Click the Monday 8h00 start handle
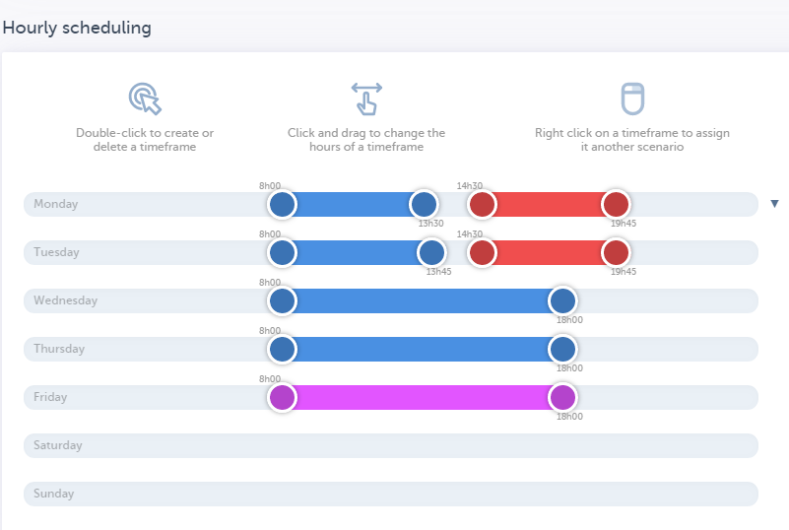click(283, 205)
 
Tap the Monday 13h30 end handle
click(424, 205)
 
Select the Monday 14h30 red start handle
click(482, 205)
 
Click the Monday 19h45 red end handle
click(616, 205)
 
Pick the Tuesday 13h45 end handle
click(431, 253)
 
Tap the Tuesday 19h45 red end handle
click(616, 253)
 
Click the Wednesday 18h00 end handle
click(562, 301)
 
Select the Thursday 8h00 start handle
click(283, 350)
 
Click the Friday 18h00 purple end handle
click(562, 398)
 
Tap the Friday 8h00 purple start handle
click(283, 398)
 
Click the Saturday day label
click(57, 445)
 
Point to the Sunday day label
click(53, 494)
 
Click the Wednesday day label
click(65, 300)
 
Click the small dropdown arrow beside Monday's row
click(774, 204)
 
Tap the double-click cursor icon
click(145, 99)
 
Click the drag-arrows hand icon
click(366, 99)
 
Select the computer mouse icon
click(632, 99)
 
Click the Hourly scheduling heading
click(77, 28)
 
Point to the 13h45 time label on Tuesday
click(438, 272)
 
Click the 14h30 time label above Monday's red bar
click(470, 186)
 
